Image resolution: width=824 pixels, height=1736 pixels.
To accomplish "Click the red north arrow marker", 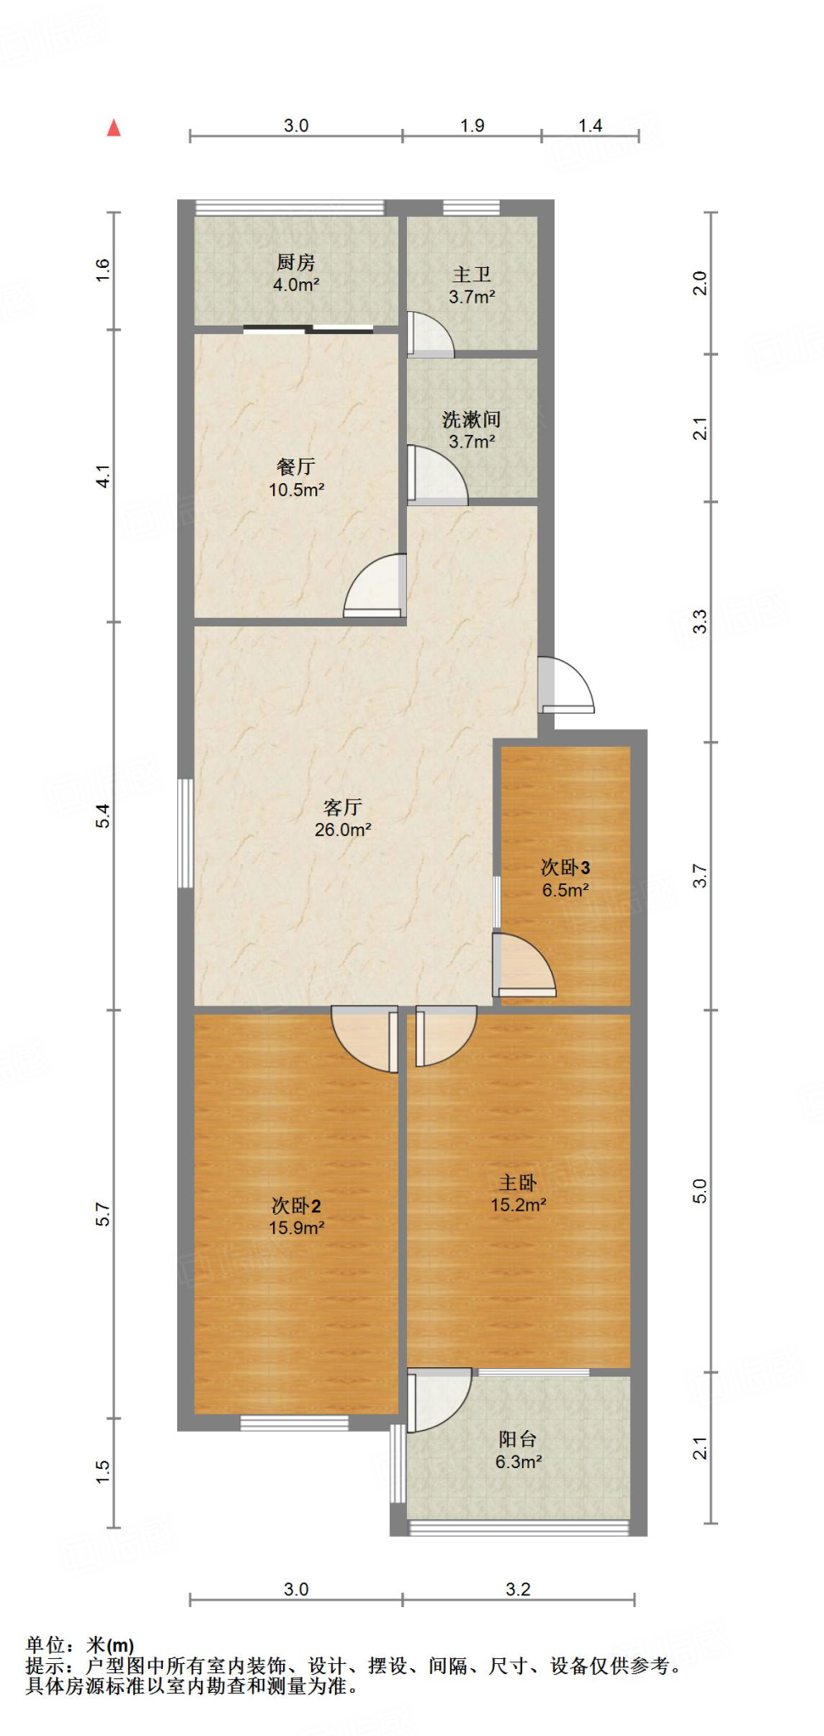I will (x=114, y=128).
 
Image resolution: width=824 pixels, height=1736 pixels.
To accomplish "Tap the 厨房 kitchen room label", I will (x=296, y=263).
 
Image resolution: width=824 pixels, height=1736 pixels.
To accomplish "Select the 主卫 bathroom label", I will (x=471, y=275).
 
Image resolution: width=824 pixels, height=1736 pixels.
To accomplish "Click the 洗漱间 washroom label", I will (x=471, y=420).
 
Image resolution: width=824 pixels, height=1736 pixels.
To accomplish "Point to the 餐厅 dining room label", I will (x=296, y=467).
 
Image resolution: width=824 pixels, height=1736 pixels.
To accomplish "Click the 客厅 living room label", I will (x=342, y=807).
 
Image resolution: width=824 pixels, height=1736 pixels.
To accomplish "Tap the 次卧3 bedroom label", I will (x=565, y=867).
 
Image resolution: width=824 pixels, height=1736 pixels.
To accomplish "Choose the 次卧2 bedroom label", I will (x=296, y=1205).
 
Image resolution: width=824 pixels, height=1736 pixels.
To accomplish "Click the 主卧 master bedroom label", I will (x=517, y=1182).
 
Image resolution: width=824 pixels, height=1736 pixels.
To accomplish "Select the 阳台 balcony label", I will (x=517, y=1439).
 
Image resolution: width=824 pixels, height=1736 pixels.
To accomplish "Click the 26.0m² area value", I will (x=342, y=830).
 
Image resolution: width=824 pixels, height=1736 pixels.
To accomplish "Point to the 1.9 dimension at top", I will (x=472, y=125).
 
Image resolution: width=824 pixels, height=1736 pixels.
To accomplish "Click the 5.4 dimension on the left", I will (x=103, y=815).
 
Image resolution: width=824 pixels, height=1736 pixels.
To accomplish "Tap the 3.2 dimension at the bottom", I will (x=518, y=1589).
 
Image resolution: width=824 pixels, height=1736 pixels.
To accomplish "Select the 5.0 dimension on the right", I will (x=699, y=1191).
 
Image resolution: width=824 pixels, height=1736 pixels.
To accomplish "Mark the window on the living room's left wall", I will (x=185, y=833).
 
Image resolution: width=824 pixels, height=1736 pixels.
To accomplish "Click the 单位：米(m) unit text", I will (x=80, y=1645).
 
